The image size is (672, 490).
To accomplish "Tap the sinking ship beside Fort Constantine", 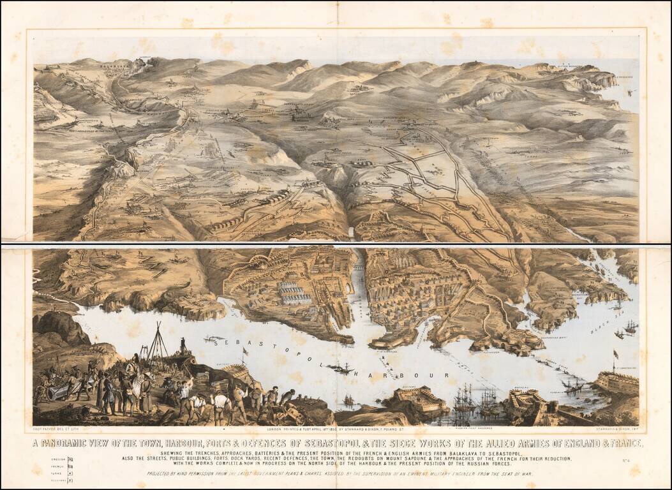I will point(572,385).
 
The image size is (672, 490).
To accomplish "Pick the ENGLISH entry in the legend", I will point(59,458).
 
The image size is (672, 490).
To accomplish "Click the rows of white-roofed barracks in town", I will point(295,293).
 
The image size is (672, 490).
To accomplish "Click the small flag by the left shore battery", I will point(243,351).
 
